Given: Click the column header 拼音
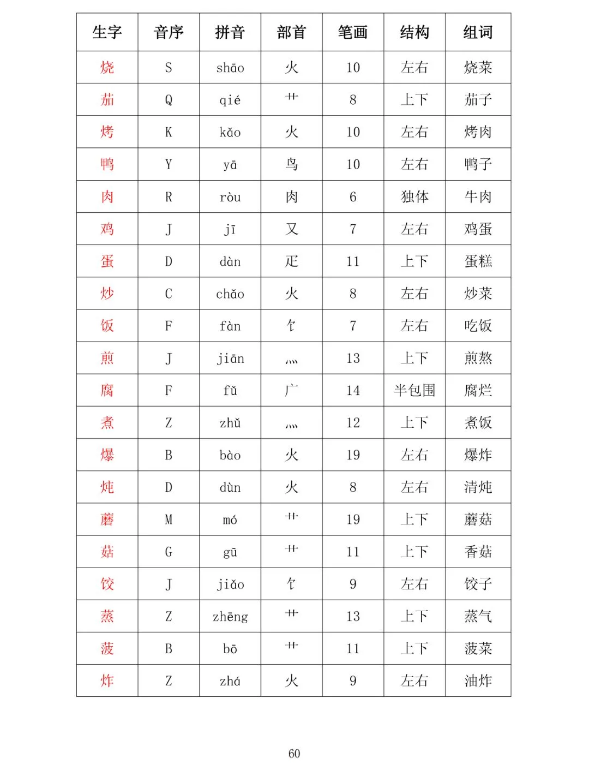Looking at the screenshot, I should click(230, 32).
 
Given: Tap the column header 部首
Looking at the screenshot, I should click(291, 32).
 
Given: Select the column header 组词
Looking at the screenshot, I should click(478, 32).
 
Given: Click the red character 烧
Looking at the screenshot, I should click(107, 68).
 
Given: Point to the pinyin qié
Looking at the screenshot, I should click(230, 100).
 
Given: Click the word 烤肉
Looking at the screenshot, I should click(478, 132).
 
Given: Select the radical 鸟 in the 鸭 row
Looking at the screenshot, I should click(291, 164).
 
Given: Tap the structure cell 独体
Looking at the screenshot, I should click(414, 196).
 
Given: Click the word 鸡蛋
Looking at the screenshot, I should click(478, 229).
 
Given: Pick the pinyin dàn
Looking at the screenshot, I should click(230, 261).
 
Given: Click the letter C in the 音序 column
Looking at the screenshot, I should click(169, 294).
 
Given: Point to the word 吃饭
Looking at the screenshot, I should click(478, 326).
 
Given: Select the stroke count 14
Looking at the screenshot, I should click(353, 390).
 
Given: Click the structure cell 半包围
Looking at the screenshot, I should click(414, 390).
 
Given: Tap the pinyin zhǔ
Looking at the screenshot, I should click(230, 423).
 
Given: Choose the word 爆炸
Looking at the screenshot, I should click(478, 455).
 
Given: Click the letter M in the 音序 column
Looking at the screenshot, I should click(169, 520).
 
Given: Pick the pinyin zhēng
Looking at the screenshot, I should click(230, 617).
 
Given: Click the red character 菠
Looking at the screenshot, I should click(107, 648).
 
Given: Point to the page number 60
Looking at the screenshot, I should click(294, 754).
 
